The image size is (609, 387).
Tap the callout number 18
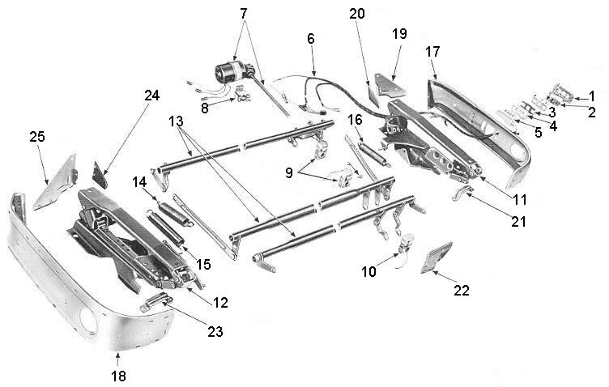[x=118, y=376]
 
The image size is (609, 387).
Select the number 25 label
[x=37, y=137]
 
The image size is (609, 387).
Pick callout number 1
[x=592, y=96]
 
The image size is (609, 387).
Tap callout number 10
[x=369, y=273]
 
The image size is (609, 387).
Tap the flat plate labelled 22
[x=437, y=257]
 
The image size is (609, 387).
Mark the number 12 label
[x=220, y=302]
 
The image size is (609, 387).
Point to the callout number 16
[x=354, y=119]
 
